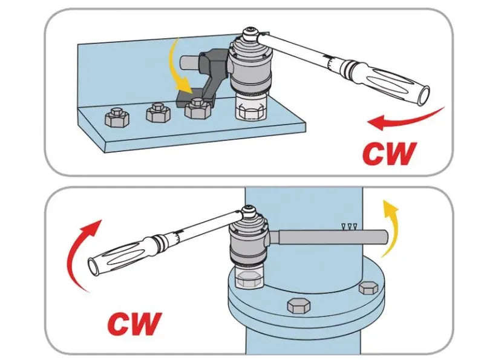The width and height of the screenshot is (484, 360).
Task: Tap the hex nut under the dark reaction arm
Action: [x=197, y=108]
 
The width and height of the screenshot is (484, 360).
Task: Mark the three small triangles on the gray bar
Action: [x=350, y=226]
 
